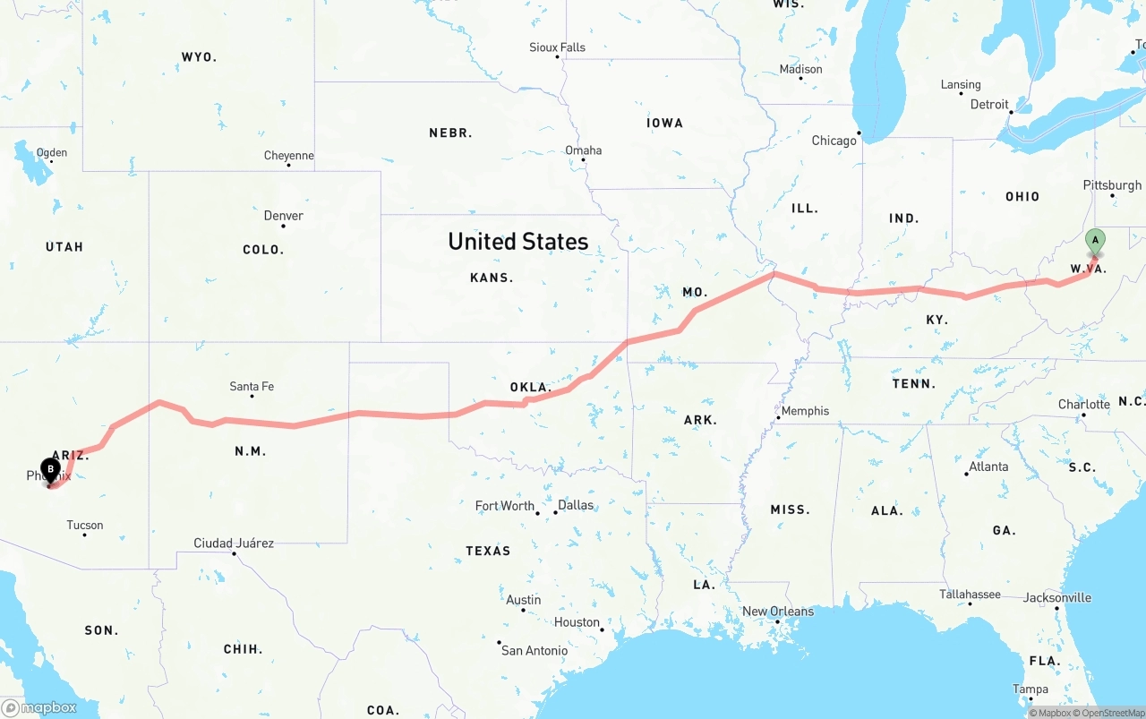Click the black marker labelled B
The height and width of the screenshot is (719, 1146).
(x=51, y=468)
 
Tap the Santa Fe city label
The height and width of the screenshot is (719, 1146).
(x=252, y=387)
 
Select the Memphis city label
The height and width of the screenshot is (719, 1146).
(x=805, y=411)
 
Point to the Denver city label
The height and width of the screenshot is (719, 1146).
(x=283, y=216)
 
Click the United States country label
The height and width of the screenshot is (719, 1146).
(x=517, y=241)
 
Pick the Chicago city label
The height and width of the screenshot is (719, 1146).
(x=834, y=141)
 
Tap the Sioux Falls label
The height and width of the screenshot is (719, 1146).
(x=557, y=47)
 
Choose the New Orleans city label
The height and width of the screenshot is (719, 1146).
(x=778, y=612)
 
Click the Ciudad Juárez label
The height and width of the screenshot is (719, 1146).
(x=234, y=544)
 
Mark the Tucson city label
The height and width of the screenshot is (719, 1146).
(x=85, y=526)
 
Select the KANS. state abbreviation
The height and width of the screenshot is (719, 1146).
(x=492, y=278)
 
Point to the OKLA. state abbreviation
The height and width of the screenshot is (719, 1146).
(x=530, y=387)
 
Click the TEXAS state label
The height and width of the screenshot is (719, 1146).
(x=488, y=551)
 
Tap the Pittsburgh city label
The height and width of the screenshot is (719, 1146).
(x=1112, y=185)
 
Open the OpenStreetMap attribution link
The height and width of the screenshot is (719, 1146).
(x=1113, y=713)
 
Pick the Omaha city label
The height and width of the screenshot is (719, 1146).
(x=583, y=150)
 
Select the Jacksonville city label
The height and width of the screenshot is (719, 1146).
(x=1057, y=598)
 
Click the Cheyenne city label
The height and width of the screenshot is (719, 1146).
(x=288, y=156)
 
